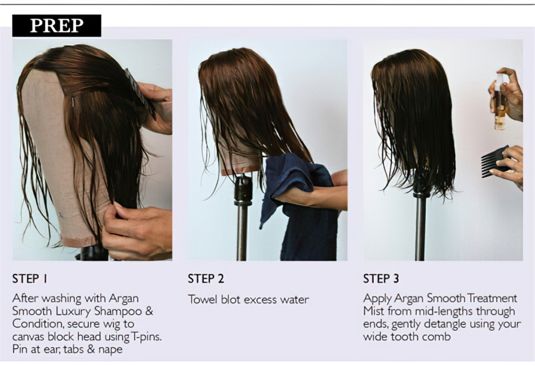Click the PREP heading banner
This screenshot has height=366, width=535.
56,26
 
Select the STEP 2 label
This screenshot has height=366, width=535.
206,279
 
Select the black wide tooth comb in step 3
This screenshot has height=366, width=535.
493,161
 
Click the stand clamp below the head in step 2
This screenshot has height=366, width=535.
243,191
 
